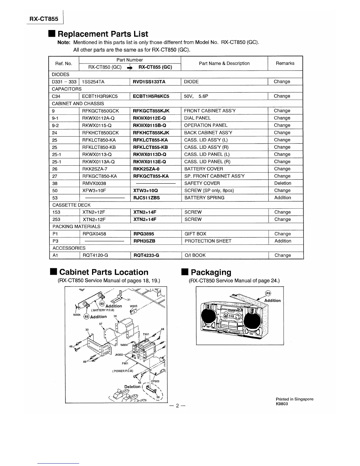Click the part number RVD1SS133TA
[x=149, y=82]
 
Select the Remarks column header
[x=285, y=63]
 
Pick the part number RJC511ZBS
[x=146, y=198]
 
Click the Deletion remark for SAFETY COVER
[x=282, y=183]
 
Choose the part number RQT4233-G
[x=146, y=255]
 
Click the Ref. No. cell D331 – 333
[x=64, y=82]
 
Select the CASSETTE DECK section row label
[x=71, y=205]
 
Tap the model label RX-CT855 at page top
[x=44, y=19]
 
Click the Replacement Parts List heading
[x=103, y=34]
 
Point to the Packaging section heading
[x=211, y=272]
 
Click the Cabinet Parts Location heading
[x=104, y=272]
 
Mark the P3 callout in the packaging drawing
[x=268, y=293]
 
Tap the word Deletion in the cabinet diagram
[x=132, y=387]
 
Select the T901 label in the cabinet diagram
[x=146, y=334]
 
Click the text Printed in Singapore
[x=294, y=399]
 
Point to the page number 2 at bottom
[x=177, y=406]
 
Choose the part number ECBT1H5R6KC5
[x=151, y=96]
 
